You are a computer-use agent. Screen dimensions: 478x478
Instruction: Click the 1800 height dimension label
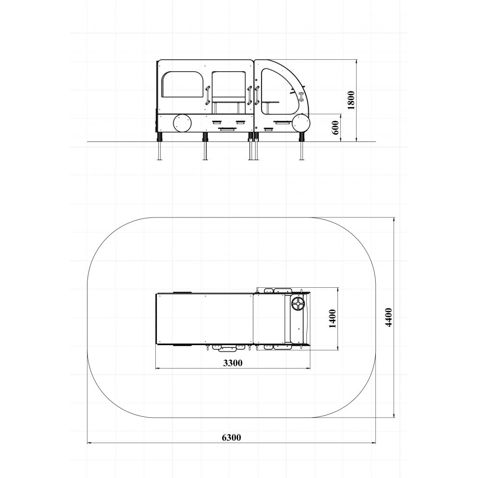click(351, 100)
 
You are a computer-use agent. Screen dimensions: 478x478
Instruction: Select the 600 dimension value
click(335, 128)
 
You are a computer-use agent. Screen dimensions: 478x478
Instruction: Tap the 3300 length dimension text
click(233, 363)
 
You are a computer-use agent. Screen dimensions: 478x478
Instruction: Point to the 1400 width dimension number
click(332, 318)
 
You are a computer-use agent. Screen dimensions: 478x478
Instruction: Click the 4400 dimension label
click(388, 317)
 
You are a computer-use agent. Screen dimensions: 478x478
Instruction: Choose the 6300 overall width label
click(231, 437)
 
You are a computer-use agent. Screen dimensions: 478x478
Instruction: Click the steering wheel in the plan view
click(298, 304)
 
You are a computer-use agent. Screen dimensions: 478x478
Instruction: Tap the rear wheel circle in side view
click(183, 123)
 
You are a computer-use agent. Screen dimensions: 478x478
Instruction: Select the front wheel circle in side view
click(301, 123)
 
